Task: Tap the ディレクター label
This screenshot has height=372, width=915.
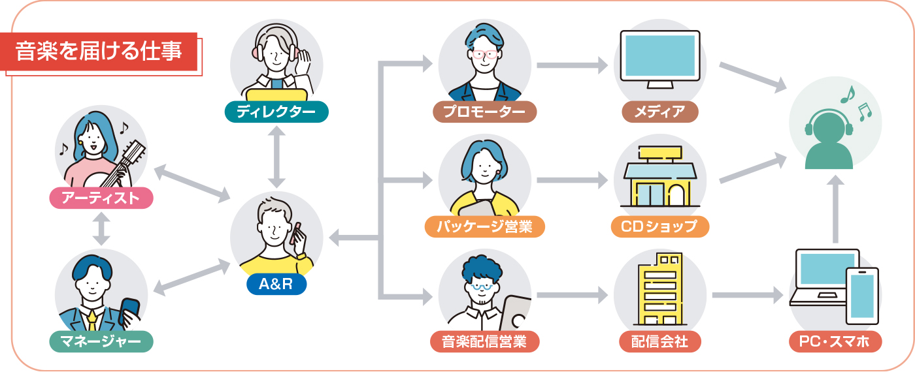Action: pos(276,112)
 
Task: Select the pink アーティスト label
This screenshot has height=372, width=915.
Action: pos(101,198)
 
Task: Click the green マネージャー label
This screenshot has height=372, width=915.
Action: pos(101,341)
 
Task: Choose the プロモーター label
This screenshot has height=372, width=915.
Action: pos(484,112)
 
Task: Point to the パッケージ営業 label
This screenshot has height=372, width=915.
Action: pos(484,226)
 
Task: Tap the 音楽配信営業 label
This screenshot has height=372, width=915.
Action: pos(484,341)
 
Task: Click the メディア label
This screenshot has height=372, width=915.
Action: pos(659,112)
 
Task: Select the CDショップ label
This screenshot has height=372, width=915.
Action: pos(659,226)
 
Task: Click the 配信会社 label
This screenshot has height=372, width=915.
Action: pos(659,341)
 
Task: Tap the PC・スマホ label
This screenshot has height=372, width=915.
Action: pos(835,341)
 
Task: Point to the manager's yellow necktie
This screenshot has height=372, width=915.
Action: pos(92,320)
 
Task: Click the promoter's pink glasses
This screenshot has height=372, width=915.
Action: pos(484,54)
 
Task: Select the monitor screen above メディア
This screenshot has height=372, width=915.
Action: pos(659,55)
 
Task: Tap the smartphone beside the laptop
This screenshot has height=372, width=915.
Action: pos(862,295)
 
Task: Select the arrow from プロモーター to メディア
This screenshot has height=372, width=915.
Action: pos(572,65)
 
